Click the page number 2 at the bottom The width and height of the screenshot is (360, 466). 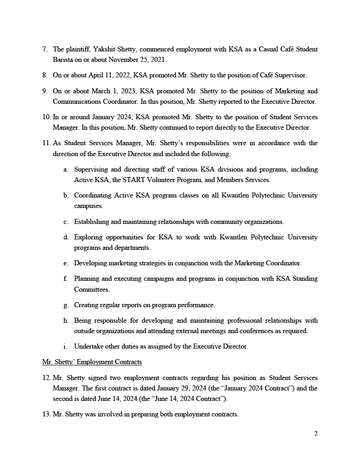pyautogui.click(x=316, y=433)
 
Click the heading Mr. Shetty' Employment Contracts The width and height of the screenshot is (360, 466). pyautogui.click(x=92, y=362)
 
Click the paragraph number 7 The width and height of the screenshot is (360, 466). pyautogui.click(x=44, y=49)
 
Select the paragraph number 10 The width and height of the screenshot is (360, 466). pyautogui.click(x=46, y=117)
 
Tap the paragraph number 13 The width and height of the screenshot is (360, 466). pyautogui.click(x=46, y=415)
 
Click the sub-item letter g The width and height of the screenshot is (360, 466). pyautogui.click(x=66, y=305)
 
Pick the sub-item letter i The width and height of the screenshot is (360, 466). pyautogui.click(x=66, y=346)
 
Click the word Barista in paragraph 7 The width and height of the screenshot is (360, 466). pyautogui.click(x=63, y=60)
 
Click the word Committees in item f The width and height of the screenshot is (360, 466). pyautogui.click(x=91, y=289)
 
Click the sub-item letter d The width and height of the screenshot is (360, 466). pyautogui.click(x=66, y=237)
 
